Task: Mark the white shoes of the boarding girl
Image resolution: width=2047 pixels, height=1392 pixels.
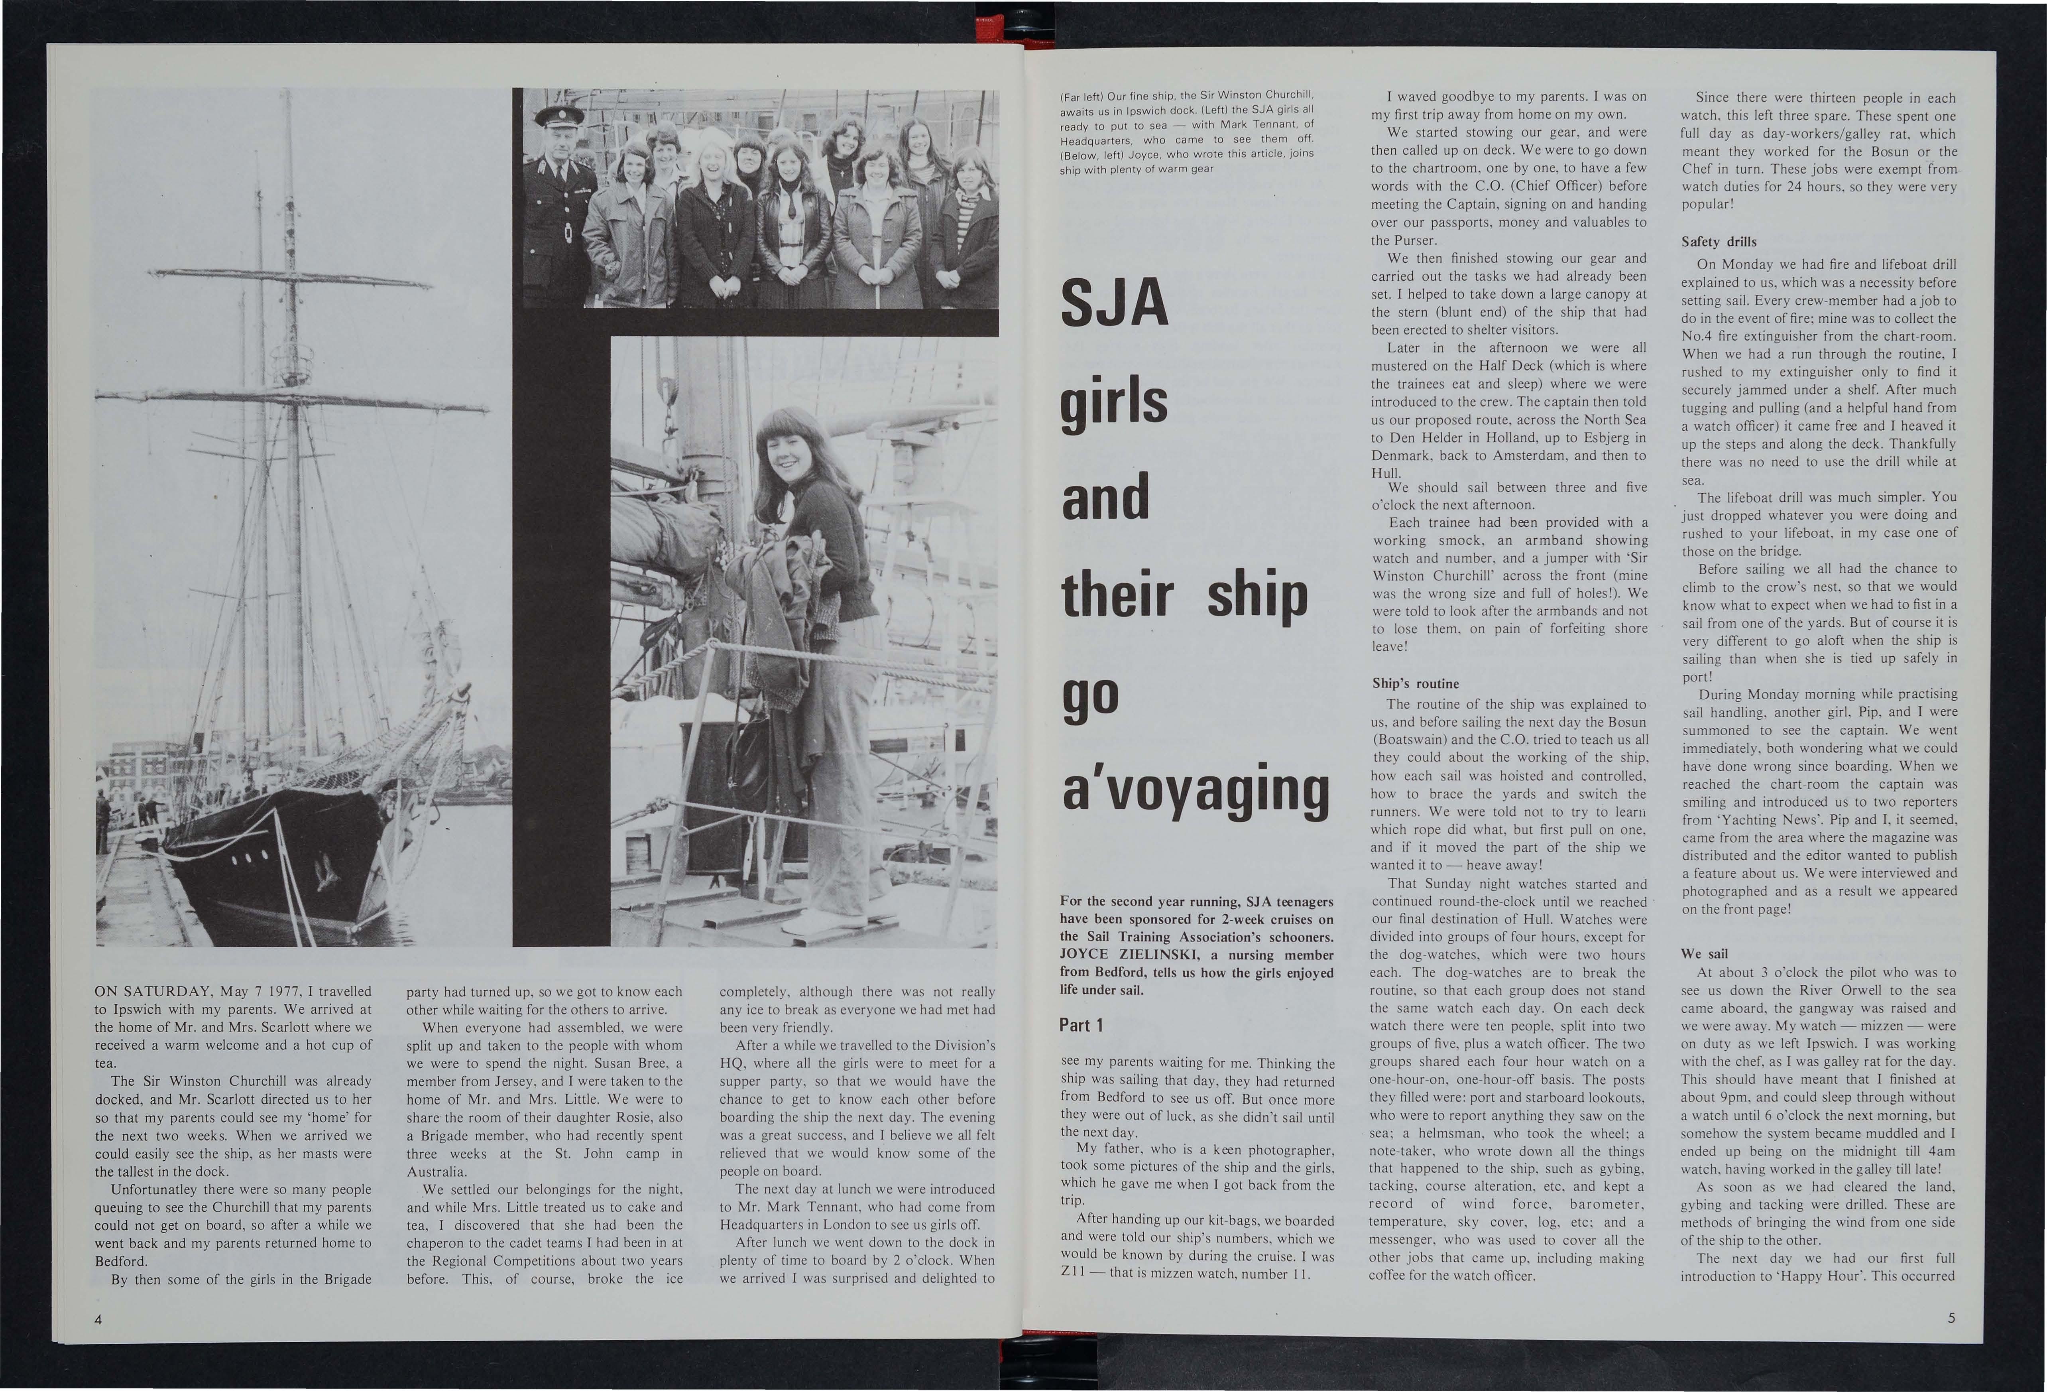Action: pyautogui.click(x=817, y=921)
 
